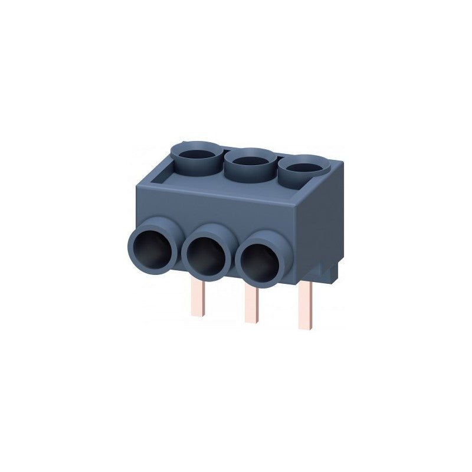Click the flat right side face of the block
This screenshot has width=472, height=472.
coord(322,224)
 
